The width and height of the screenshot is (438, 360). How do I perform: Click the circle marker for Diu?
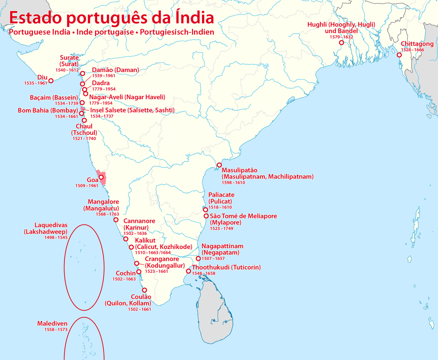click(51, 81)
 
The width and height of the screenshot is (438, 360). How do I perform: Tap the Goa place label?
click(92, 180)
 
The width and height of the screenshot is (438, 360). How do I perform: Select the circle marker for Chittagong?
click(399, 55)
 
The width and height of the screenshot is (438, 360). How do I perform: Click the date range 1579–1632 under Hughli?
click(341, 37)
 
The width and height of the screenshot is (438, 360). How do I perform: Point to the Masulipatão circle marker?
click(219, 165)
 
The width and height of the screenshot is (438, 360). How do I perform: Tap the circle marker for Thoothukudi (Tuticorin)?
click(188, 271)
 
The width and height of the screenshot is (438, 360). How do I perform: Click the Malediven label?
click(52, 323)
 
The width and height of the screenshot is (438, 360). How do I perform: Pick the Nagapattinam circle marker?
click(198, 258)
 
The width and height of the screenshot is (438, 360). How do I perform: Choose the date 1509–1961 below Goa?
click(86, 186)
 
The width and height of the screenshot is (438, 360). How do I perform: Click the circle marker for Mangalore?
click(116, 220)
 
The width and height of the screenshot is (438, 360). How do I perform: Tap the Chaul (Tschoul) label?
click(84, 130)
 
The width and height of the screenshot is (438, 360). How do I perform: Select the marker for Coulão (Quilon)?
click(144, 290)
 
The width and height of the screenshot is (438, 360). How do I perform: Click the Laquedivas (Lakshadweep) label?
click(45, 228)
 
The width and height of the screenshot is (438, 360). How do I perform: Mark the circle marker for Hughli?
click(341, 42)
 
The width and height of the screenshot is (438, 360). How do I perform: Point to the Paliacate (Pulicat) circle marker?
click(205, 210)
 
